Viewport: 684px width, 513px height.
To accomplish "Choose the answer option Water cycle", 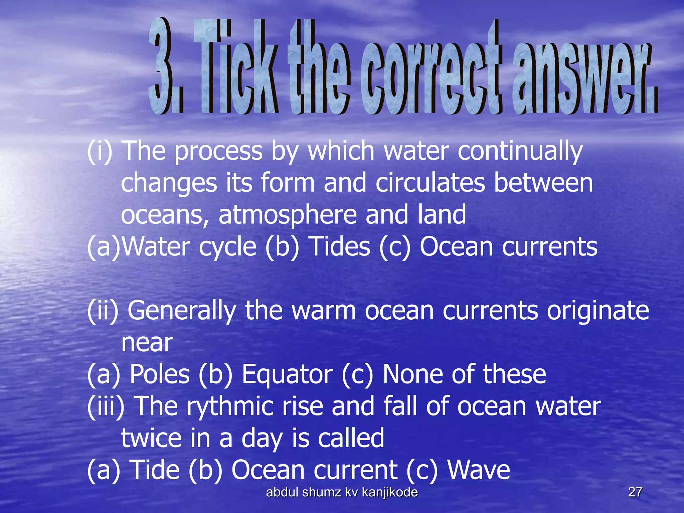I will [189, 247].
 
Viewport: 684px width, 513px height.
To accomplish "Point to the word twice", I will [151, 439].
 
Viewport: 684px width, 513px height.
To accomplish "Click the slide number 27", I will [635, 492].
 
